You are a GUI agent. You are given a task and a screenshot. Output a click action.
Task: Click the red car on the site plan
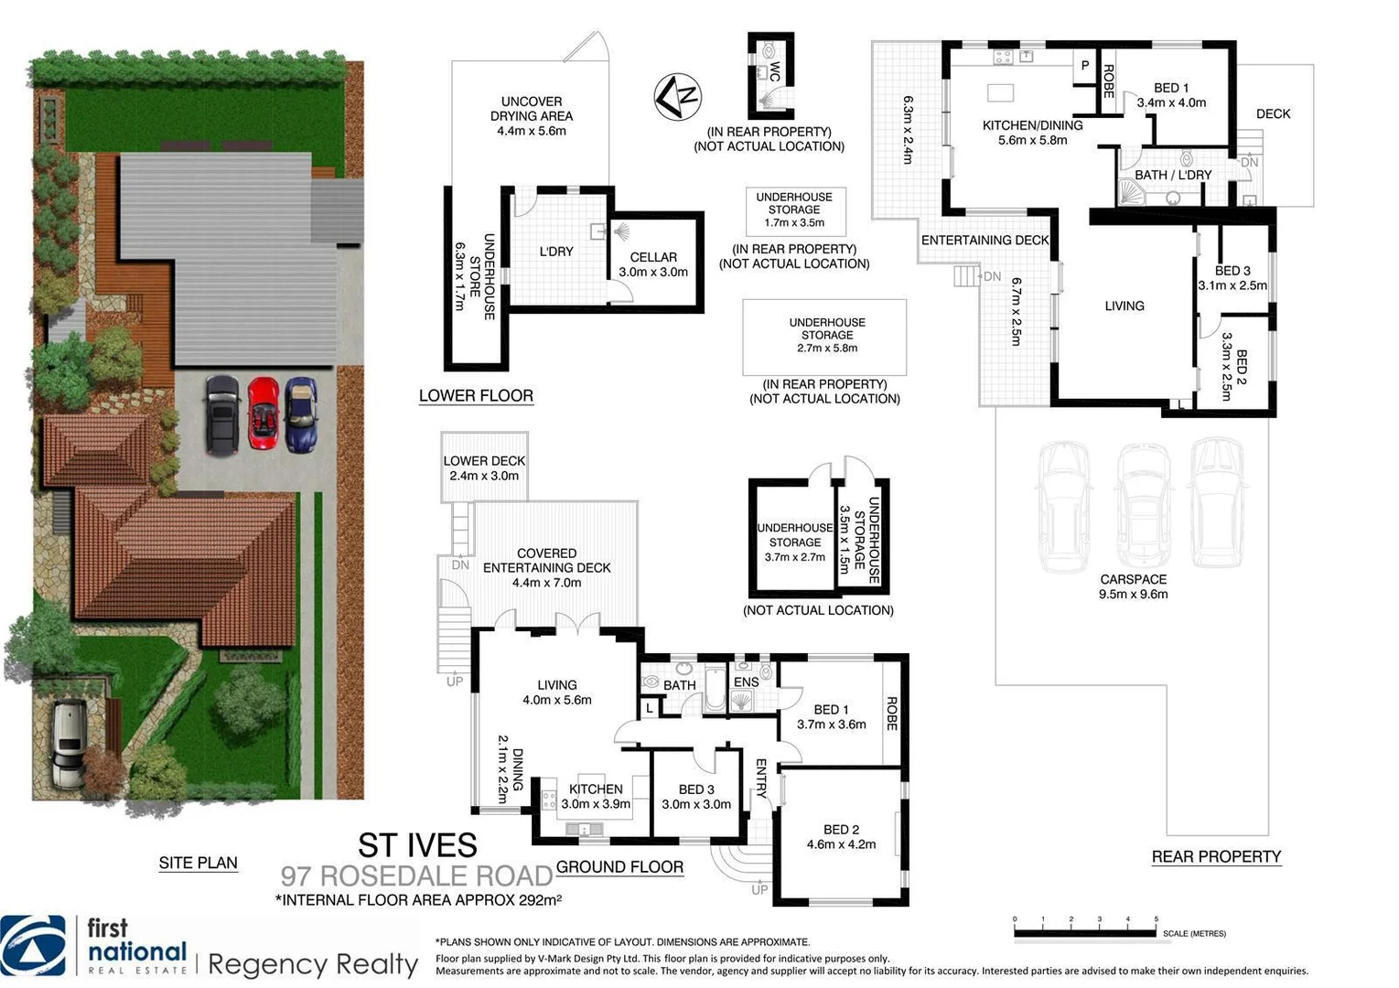263,413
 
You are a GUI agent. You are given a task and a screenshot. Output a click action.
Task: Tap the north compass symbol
677,96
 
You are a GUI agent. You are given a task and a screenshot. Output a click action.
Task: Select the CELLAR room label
653,264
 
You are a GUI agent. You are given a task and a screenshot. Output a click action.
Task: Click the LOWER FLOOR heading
476,396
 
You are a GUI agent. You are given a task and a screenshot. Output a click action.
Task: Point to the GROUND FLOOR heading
619,867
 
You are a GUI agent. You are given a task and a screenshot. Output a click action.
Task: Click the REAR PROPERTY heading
1216,857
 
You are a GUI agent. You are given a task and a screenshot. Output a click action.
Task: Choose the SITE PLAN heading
198,863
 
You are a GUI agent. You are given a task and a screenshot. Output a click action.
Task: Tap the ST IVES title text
417,844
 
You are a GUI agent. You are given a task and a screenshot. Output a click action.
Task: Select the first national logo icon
34,946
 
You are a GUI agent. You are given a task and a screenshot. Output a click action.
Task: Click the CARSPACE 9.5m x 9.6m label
1133,586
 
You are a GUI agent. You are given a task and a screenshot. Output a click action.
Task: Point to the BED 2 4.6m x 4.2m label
841,837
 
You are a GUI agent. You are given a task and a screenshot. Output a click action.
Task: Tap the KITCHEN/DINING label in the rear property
1032,133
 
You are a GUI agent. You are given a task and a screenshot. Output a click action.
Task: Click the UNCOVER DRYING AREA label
532,116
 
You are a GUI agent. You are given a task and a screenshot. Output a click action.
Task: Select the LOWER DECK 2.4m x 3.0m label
484,468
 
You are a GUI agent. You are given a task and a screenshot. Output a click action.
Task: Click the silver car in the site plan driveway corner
69,743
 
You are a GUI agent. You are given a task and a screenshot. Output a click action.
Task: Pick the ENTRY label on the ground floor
760,779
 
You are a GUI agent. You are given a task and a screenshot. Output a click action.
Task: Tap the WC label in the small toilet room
774,72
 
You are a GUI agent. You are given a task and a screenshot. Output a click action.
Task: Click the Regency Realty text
313,964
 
